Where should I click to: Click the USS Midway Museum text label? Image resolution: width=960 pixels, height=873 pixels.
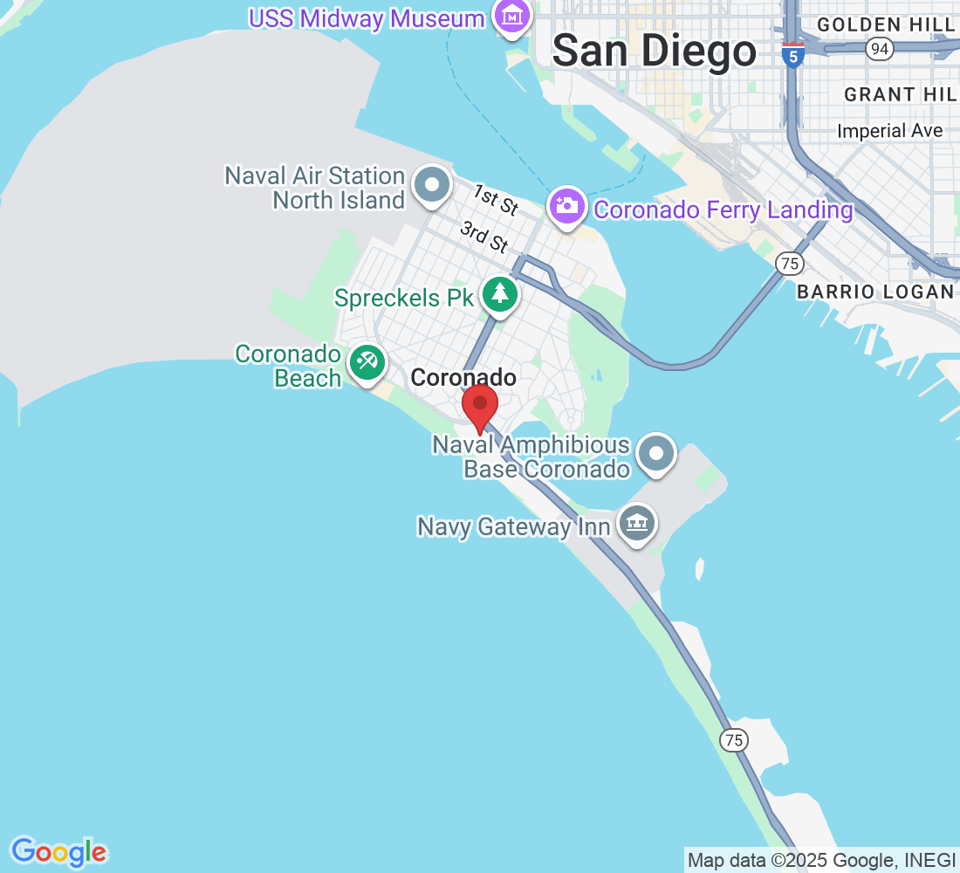[367, 18]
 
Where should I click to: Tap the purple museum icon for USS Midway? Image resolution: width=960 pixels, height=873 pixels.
[512, 15]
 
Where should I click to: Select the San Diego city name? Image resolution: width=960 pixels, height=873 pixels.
[655, 52]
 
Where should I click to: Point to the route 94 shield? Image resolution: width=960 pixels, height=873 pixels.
[880, 49]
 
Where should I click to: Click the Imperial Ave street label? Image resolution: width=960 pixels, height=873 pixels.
[889, 131]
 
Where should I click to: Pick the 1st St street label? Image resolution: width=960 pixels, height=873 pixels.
[496, 200]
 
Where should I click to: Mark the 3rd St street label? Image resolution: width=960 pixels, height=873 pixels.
[484, 237]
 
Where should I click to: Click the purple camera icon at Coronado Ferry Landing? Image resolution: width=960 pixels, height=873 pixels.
[567, 206]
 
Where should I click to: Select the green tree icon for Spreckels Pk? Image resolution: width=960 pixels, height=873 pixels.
[499, 294]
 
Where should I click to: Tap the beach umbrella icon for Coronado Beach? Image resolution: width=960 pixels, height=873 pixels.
[367, 361]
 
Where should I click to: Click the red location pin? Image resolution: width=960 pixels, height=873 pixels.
[479, 406]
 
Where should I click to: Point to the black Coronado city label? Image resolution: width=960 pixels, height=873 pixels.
[463, 377]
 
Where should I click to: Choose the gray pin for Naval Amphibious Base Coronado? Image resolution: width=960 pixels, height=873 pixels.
[656, 454]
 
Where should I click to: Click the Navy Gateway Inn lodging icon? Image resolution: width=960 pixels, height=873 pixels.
[637, 523]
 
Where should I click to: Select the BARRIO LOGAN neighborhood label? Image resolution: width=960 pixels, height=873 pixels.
[875, 292]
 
